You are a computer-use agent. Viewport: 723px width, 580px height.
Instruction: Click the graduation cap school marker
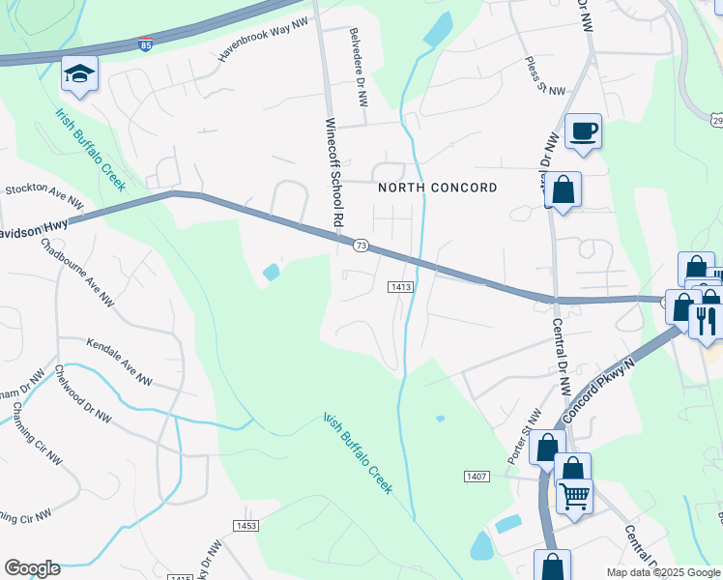(x=79, y=74)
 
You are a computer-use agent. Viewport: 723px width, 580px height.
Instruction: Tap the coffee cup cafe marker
(x=583, y=130)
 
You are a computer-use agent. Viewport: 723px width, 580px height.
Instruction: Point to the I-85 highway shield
(x=144, y=45)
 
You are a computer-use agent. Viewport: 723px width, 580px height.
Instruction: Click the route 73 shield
(x=361, y=246)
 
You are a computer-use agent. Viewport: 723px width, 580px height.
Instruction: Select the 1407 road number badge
(x=477, y=477)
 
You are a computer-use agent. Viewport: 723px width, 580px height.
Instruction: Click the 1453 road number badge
(x=246, y=525)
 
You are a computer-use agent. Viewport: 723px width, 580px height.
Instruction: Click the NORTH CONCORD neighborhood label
(x=437, y=188)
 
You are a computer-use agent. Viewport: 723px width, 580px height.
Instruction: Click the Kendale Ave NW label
(x=120, y=361)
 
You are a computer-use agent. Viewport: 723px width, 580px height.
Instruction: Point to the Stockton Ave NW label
(x=43, y=195)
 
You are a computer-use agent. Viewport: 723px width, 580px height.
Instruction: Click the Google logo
(x=32, y=567)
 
